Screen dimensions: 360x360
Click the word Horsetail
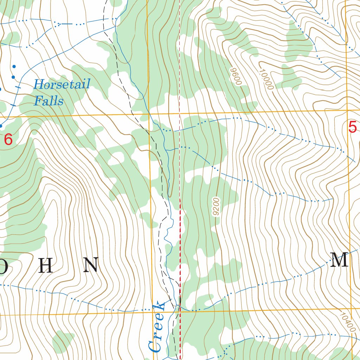[x=62, y=84]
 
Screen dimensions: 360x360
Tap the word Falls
[x=49, y=101]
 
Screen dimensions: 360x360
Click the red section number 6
[x=8, y=140]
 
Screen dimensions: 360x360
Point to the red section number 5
[x=352, y=127]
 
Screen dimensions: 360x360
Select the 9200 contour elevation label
[x=216, y=207]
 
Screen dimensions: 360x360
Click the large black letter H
[x=46, y=266]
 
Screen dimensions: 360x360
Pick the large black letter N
[x=90, y=265]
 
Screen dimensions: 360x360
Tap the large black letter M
[x=339, y=261]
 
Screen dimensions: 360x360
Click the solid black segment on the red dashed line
[x=180, y=300]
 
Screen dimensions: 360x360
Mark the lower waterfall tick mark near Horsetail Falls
[x=13, y=104]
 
